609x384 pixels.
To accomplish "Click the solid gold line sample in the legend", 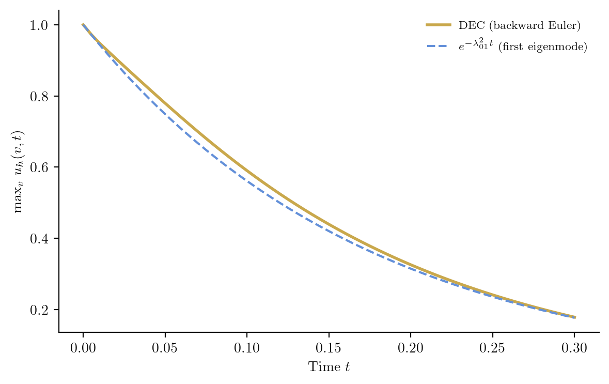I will (x=438, y=25).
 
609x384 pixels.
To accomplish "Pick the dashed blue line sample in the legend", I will (x=438, y=47).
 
